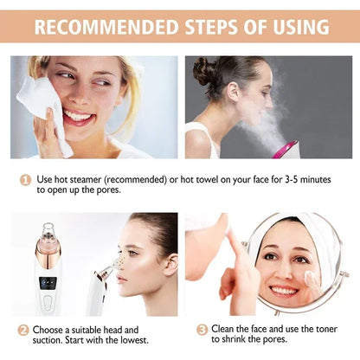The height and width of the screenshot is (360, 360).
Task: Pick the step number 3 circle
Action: point(202,330)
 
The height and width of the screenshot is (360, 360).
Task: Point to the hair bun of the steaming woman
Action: point(204,71)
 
